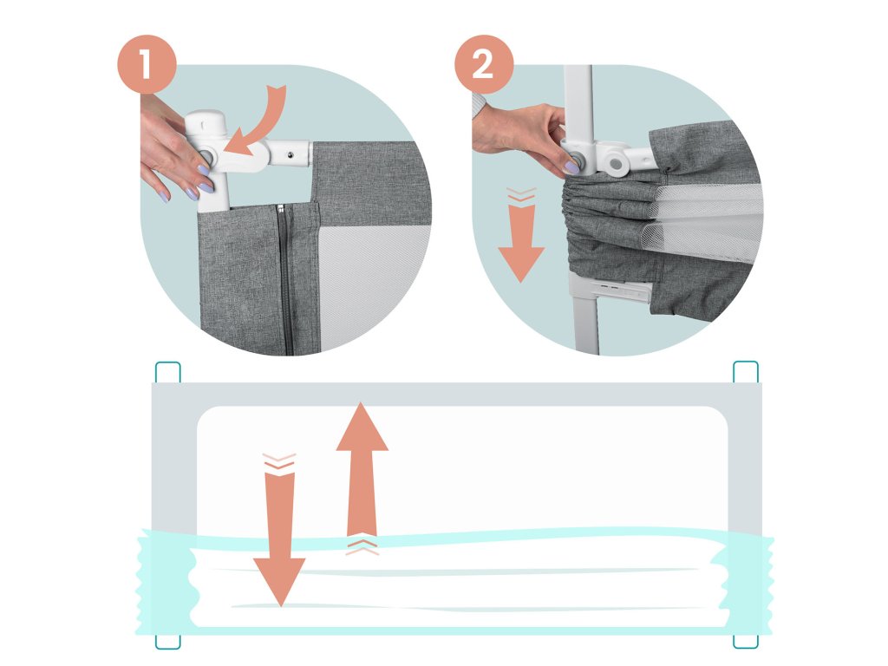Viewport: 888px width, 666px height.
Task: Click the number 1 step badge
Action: click(147, 64)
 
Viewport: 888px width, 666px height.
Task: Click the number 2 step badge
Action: click(484, 64)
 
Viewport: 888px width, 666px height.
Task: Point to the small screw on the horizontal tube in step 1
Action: click(290, 154)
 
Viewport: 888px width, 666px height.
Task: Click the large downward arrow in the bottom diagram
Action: click(279, 539)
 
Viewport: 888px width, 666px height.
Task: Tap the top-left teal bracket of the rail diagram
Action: click(167, 373)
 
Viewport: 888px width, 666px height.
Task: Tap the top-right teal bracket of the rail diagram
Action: click(745, 372)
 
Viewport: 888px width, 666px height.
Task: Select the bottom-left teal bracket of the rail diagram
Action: click(167, 641)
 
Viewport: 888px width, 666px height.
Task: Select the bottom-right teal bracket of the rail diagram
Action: click(745, 641)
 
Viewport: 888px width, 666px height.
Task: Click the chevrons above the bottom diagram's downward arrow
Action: click(279, 461)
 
